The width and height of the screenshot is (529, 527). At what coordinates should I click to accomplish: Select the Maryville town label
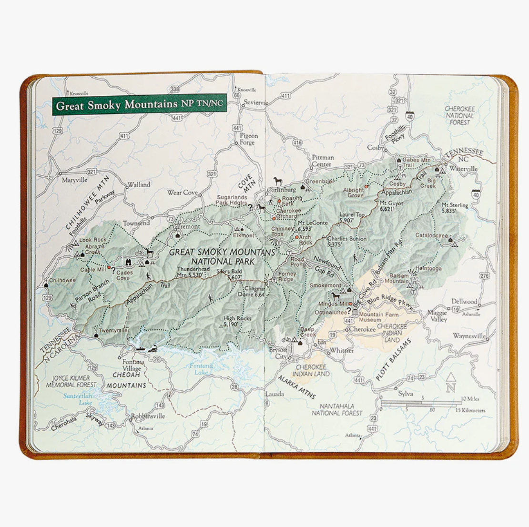coord(74,180)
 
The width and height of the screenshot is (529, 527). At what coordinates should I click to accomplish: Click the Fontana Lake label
coord(201,369)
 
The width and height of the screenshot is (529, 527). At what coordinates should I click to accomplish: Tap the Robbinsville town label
coord(148,416)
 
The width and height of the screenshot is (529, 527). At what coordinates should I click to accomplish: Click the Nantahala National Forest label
coord(337,409)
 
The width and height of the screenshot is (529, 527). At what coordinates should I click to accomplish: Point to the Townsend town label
coord(136,223)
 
